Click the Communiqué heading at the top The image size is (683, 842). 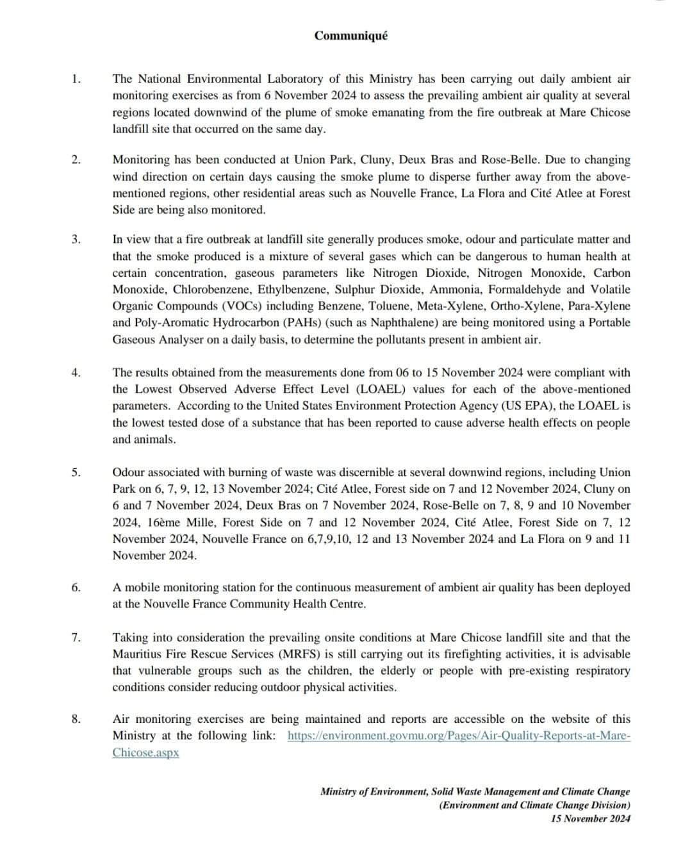(350, 36)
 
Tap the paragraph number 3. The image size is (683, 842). (76, 240)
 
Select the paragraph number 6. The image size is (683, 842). (76, 588)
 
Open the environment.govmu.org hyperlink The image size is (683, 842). (459, 736)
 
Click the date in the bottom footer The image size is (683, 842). (590, 818)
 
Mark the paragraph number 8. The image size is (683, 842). (76, 720)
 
